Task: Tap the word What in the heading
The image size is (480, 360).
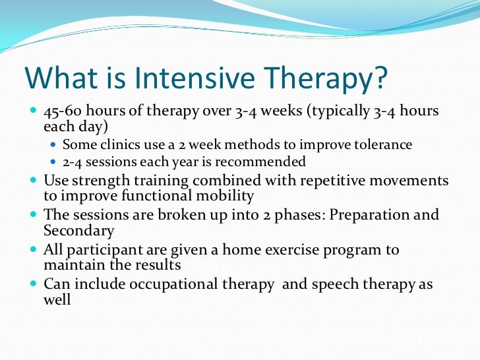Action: pos(59,78)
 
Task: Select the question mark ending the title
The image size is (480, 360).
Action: pos(376,78)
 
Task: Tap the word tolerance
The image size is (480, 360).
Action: pos(384,145)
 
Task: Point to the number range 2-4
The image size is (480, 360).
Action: pos(75,162)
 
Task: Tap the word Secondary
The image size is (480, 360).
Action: pos(78,231)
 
